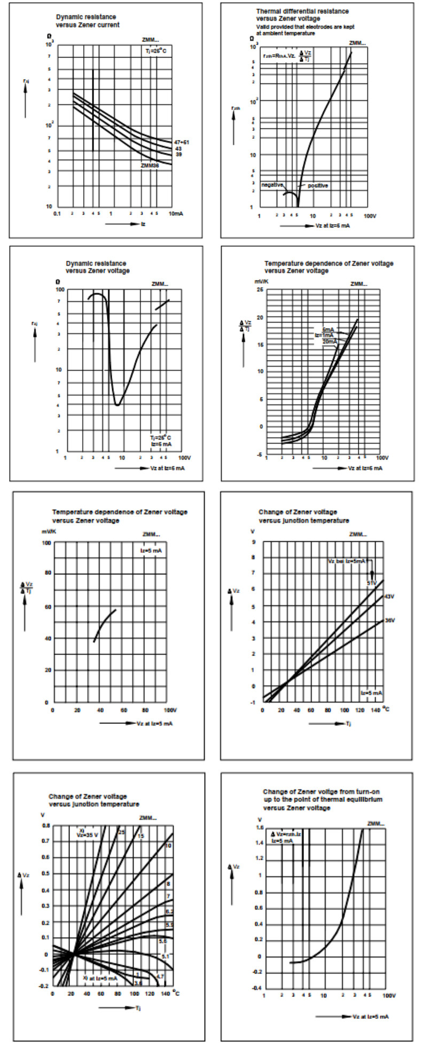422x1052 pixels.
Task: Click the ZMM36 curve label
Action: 150,166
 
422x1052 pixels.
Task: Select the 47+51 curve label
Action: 182,142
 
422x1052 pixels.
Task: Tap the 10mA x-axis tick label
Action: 176,214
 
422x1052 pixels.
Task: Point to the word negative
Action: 272,185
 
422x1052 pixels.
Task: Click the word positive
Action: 318,185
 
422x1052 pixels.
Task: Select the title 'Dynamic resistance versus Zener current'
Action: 88,21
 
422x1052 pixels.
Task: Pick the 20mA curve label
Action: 330,341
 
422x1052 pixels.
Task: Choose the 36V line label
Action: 389,620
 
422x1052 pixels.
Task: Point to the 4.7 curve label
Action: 160,977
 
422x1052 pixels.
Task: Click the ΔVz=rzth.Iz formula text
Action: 286,834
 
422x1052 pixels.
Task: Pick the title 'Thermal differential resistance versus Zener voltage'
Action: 302,14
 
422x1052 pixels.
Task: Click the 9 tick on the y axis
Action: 253,542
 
